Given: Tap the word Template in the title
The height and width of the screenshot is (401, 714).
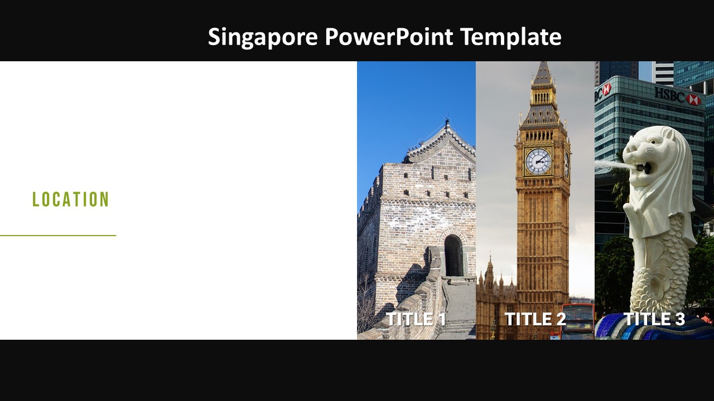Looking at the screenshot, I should click(x=510, y=37).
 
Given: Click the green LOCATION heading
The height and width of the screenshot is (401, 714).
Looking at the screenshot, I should click(x=71, y=199).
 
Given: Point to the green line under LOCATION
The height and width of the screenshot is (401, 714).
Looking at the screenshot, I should click(x=58, y=236).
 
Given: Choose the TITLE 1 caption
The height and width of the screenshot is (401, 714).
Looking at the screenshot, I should click(x=416, y=319).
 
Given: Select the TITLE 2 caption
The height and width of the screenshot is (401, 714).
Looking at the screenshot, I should click(x=535, y=319).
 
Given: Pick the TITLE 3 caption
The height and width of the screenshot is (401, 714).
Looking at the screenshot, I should click(x=654, y=319).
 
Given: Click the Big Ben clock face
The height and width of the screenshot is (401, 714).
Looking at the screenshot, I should click(x=538, y=162).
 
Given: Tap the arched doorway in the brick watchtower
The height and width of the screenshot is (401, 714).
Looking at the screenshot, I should click(x=453, y=256).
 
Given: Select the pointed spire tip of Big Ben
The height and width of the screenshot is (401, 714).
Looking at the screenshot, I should click(x=541, y=66).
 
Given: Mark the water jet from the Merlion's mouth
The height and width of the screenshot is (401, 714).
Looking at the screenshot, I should click(x=611, y=165).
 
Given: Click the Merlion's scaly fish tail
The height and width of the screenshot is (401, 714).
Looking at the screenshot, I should click(x=661, y=278).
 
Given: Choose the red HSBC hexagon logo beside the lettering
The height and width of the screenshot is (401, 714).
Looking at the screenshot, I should click(x=693, y=99).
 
